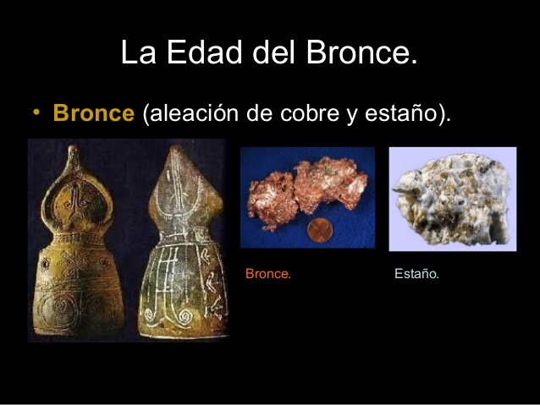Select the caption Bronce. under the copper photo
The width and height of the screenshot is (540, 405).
tap(267, 274)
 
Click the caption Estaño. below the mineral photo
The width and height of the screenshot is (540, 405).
tap(416, 274)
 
